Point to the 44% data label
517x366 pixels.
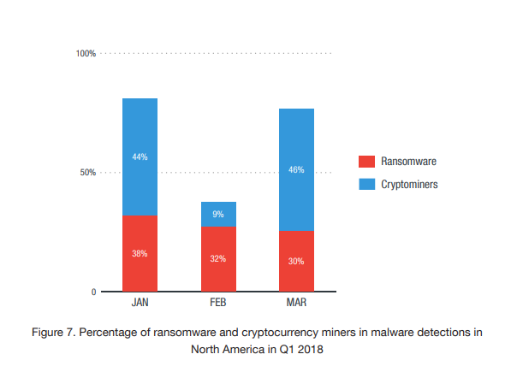click(140, 156)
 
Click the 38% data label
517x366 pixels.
click(140, 253)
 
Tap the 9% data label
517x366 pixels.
click(218, 214)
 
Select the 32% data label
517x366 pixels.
click(218, 259)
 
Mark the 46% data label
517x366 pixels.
click(296, 169)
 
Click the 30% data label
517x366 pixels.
click(296, 261)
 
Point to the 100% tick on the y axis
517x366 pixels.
click(86, 54)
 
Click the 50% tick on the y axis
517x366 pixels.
click(88, 173)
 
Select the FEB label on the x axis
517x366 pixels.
click(218, 304)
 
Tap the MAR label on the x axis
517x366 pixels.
click(296, 304)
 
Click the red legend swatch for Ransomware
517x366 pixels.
click(366, 161)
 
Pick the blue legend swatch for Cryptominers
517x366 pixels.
click(366, 184)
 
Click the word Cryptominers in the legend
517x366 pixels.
click(409, 184)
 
